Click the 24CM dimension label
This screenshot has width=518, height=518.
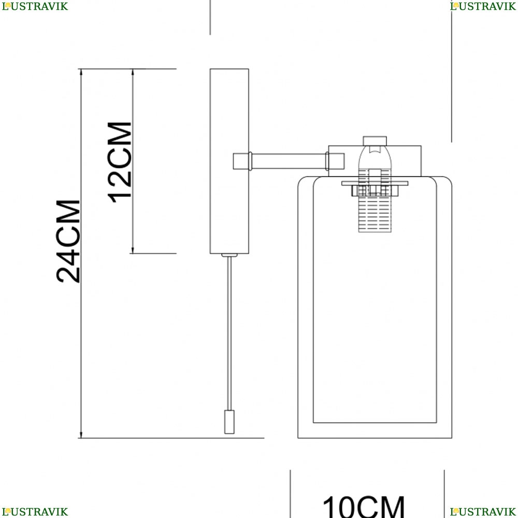68,241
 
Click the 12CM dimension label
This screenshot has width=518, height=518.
120,162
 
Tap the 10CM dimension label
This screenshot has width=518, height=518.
364,507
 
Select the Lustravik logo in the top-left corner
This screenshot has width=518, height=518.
35,6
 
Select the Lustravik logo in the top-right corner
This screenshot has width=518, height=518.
483,6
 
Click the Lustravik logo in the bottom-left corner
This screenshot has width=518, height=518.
35,512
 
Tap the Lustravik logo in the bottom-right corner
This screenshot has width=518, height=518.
483,512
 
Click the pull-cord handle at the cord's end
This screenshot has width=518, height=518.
229,422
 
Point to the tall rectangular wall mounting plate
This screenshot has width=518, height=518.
229,161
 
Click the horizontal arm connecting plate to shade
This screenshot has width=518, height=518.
289,161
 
